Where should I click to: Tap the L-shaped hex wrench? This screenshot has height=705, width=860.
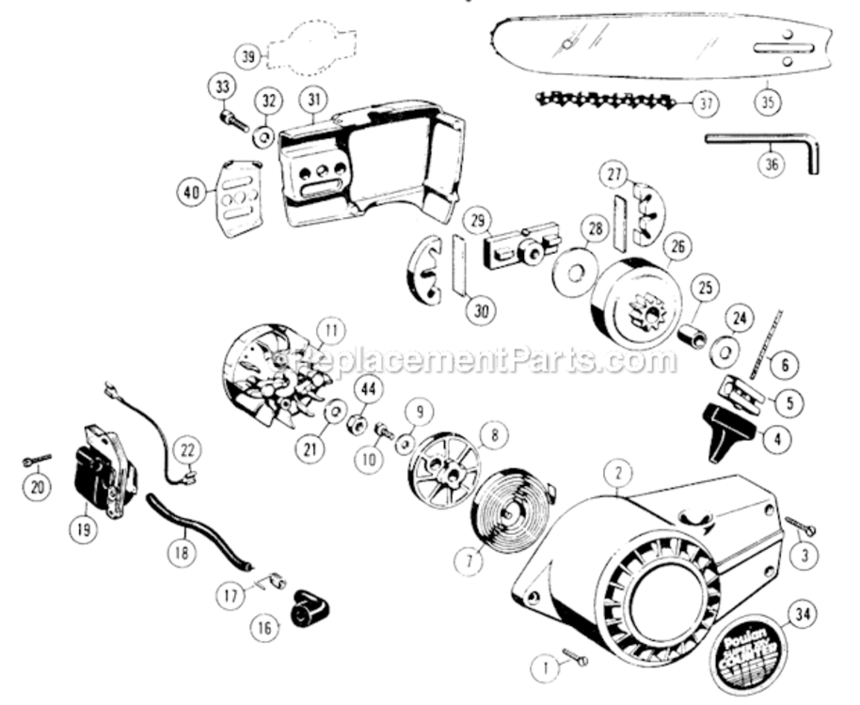(762, 141)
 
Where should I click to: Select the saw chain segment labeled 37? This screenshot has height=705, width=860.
(603, 98)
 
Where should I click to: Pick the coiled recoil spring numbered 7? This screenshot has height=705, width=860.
(513, 509)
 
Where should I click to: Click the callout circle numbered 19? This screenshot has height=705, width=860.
(84, 528)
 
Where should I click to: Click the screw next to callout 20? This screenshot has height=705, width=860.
(37, 459)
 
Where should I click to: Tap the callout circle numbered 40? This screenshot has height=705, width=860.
(192, 194)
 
